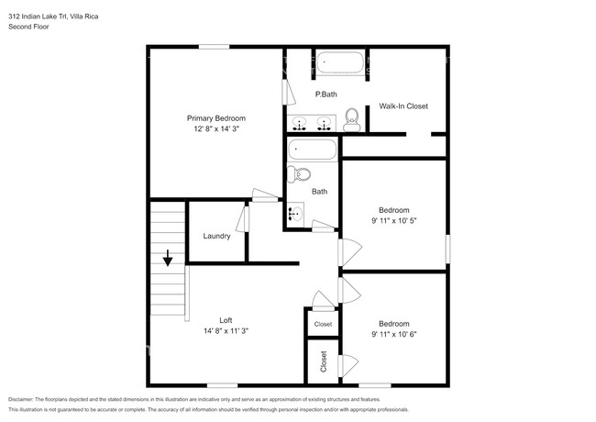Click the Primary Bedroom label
pos(215,118)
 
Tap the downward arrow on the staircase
pos(168,258)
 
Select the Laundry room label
pos(216,236)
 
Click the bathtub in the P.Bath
pos(340,62)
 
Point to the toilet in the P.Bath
pos(351,120)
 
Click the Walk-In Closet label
pos(403,106)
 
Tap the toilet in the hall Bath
pos(299,174)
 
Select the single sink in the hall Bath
pos(296,214)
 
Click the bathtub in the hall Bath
pos(312,150)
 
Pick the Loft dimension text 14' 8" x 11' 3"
pos(226,331)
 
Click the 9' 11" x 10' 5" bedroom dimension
pos(394,220)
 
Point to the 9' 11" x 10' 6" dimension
pos(394,334)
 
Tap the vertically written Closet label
pos(324,361)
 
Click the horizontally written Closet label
pos(323,324)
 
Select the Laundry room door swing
pos(242,219)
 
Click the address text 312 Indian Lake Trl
pos(38,17)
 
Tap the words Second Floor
pos(28,27)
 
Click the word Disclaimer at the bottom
pos(21,400)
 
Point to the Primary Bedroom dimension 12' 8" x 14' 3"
pos(215,128)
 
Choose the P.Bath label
pos(326,94)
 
